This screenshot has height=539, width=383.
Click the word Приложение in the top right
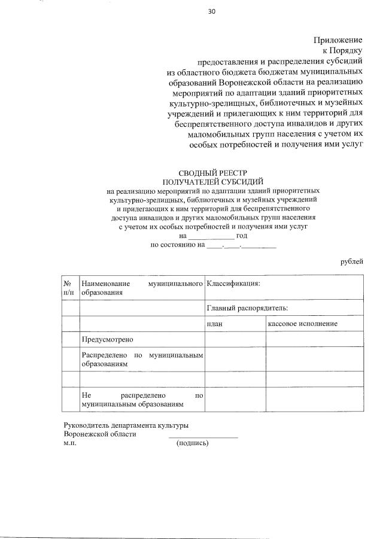pos(338,40)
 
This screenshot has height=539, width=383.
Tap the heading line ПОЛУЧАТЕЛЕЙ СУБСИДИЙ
pos(213,181)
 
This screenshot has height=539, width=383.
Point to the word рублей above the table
pos(351,261)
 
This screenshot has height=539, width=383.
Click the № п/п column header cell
pos(71,288)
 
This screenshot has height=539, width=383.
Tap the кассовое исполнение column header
pos(303,324)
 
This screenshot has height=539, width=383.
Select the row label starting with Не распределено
pos(142,400)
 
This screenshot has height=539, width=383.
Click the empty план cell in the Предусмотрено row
pos(235,339)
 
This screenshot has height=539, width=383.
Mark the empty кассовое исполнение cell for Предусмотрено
pos(315,339)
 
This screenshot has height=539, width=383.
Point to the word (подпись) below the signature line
pos(192,443)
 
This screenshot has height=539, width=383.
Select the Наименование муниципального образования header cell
pos(142,288)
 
